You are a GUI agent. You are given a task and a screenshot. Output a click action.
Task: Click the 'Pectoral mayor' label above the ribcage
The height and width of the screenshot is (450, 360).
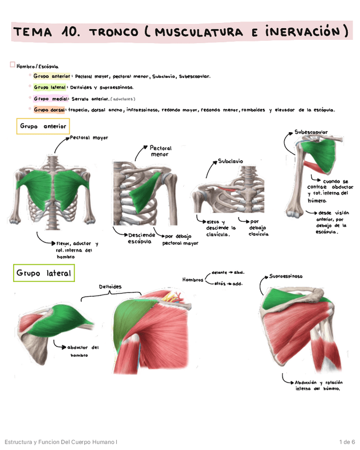click(89, 137)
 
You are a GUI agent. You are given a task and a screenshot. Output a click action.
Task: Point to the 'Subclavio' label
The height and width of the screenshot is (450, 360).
click(230, 161)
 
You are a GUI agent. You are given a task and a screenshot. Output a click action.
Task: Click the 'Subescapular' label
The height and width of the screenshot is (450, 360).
click(311, 132)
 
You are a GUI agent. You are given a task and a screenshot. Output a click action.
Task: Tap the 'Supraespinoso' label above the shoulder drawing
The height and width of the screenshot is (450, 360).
click(286, 276)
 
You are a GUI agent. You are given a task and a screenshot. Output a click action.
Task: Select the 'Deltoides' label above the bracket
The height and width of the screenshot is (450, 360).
click(110, 287)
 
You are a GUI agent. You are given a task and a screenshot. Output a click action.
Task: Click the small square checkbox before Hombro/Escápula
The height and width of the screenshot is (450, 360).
click(12, 65)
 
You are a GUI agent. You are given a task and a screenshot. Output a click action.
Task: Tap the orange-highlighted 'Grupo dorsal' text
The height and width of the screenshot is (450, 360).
click(49, 110)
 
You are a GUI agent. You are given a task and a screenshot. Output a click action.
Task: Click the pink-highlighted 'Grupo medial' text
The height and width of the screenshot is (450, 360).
click(49, 99)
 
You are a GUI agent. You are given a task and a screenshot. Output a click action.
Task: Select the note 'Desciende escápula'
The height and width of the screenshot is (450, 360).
click(140, 238)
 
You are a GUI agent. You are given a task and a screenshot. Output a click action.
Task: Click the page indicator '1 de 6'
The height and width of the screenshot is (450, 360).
click(347, 442)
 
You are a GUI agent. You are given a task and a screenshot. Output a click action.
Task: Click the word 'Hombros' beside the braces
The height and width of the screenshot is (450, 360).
click(193, 280)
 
